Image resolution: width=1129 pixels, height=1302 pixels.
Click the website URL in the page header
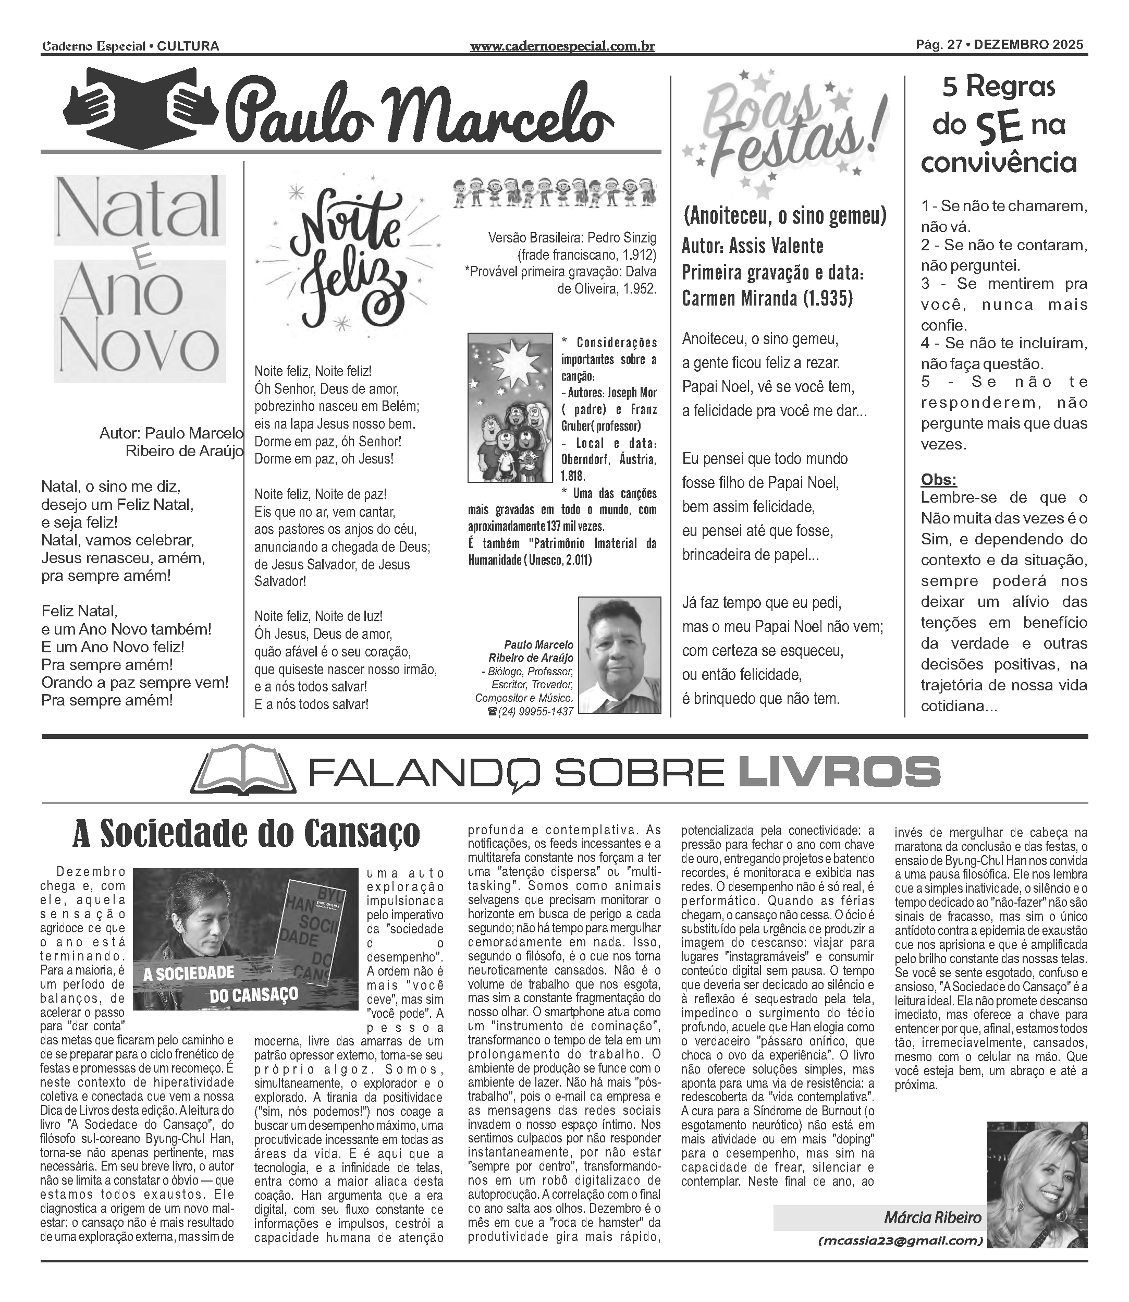click(562, 46)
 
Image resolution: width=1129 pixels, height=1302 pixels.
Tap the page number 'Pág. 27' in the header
click(939, 45)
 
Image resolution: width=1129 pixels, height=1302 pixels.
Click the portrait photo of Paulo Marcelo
click(619, 655)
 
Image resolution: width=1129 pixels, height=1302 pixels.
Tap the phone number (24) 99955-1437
click(531, 712)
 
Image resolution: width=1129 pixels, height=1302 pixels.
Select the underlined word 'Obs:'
click(939, 480)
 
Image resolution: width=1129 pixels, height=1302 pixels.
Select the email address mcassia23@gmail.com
click(901, 1241)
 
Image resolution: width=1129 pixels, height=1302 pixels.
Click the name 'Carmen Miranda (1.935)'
click(767, 298)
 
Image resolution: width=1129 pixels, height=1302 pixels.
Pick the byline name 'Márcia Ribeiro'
click(932, 1217)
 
